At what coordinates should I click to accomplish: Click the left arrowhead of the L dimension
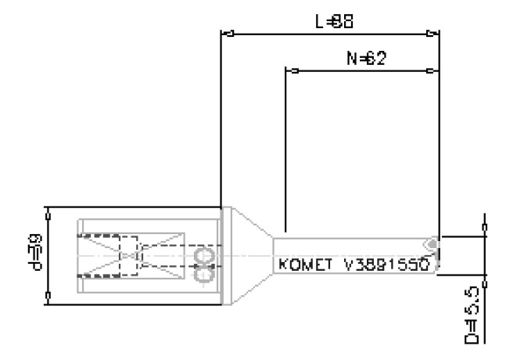coord(228,34)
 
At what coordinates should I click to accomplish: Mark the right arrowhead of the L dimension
coord(432,34)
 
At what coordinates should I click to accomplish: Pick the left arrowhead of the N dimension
coord(293,70)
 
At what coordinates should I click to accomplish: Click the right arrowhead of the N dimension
coord(432,70)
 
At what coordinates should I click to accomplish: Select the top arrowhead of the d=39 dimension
coord(48,213)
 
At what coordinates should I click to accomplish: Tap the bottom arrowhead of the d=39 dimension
coord(48,295)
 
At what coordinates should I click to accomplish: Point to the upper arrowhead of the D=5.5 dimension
coord(486,228)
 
